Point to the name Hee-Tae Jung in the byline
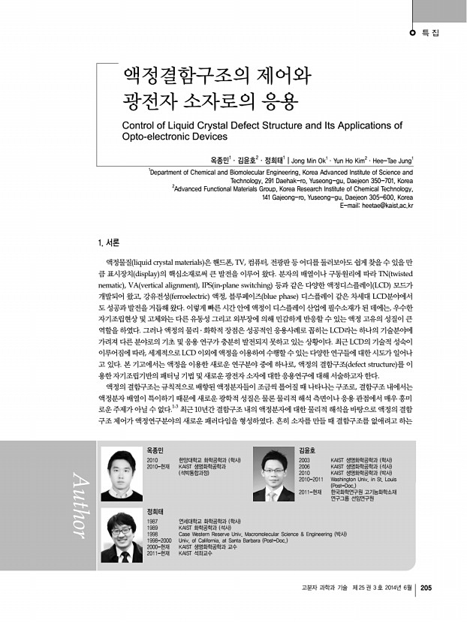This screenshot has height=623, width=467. tap(390, 160)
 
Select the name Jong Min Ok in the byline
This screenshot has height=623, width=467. tap(309, 160)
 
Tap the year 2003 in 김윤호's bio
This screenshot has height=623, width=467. tap(305, 458)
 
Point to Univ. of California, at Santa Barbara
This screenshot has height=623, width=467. tap(226, 540)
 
